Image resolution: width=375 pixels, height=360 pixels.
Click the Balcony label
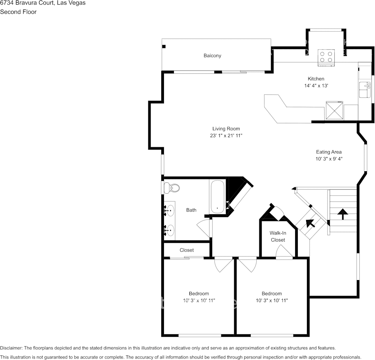point(212,56)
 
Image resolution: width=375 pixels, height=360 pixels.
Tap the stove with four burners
point(326,57)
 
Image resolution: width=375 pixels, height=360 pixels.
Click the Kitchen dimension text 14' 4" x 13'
point(316,86)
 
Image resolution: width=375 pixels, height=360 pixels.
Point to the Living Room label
point(226,129)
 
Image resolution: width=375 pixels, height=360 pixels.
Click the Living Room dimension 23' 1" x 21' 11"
point(226,135)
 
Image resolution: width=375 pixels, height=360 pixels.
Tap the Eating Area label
point(329,152)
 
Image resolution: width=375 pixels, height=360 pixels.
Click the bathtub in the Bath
point(217,197)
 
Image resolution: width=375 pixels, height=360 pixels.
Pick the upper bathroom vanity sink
point(170,209)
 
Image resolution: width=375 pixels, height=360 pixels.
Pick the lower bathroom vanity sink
point(170,229)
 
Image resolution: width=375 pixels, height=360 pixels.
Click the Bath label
point(191,210)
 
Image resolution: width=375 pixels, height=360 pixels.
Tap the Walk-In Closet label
point(278,236)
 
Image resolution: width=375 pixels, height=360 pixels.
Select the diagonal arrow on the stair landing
point(311,223)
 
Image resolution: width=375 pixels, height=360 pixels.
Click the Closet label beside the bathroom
point(186,250)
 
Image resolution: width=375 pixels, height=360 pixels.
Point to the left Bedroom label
point(199,293)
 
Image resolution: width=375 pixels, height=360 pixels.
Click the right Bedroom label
point(272,293)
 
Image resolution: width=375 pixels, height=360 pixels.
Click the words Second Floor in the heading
point(18,12)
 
